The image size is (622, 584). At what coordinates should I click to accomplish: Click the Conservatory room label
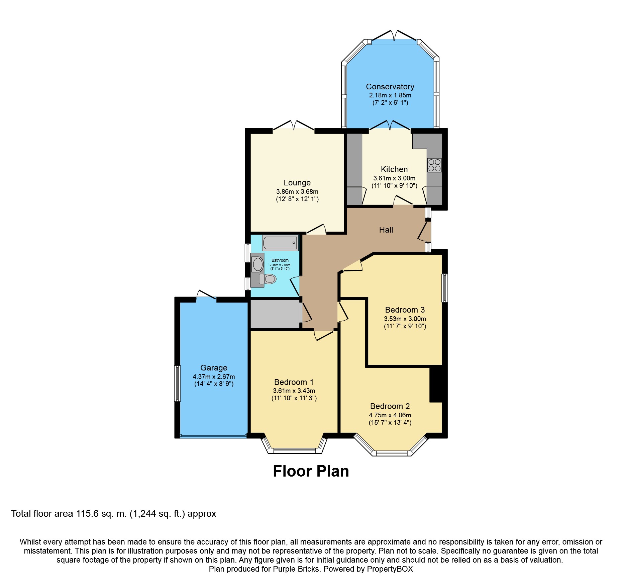pyautogui.click(x=390, y=87)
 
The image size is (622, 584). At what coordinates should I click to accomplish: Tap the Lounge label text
pyautogui.click(x=297, y=183)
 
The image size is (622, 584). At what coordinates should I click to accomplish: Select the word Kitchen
pyautogui.click(x=394, y=169)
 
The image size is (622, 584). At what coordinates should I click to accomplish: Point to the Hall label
pyautogui.click(x=386, y=230)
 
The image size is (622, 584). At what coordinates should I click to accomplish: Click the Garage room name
pyautogui.click(x=214, y=368)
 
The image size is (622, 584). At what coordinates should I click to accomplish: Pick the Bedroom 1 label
pyautogui.click(x=294, y=382)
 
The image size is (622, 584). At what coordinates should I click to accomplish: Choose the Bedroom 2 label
pyautogui.click(x=390, y=406)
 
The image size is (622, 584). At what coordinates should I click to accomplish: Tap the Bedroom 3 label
pyautogui.click(x=405, y=310)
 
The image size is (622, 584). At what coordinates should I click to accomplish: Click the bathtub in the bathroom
pyautogui.click(x=280, y=243)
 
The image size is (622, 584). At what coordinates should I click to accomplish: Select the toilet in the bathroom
pyautogui.click(x=268, y=279)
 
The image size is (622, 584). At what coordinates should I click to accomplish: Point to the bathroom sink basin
pyautogui.click(x=258, y=265)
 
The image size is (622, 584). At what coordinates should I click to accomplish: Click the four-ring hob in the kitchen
pyautogui.click(x=434, y=165)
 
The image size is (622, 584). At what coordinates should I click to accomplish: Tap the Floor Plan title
pyautogui.click(x=311, y=471)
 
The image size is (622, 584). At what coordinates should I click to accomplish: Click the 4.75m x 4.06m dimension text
pyautogui.click(x=390, y=415)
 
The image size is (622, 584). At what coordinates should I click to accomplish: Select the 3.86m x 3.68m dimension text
pyautogui.click(x=297, y=192)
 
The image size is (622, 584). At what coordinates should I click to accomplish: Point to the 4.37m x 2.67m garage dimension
pyautogui.click(x=214, y=377)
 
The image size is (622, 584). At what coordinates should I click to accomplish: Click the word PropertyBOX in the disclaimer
pyautogui.click(x=390, y=569)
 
